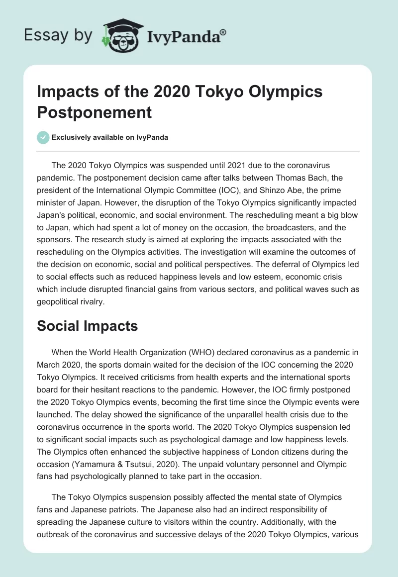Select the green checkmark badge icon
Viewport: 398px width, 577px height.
[x=43, y=138]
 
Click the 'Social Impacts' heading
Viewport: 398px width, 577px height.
[x=88, y=326]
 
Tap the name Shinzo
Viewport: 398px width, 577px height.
[x=283, y=190]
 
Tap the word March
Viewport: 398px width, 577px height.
[x=51, y=365]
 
